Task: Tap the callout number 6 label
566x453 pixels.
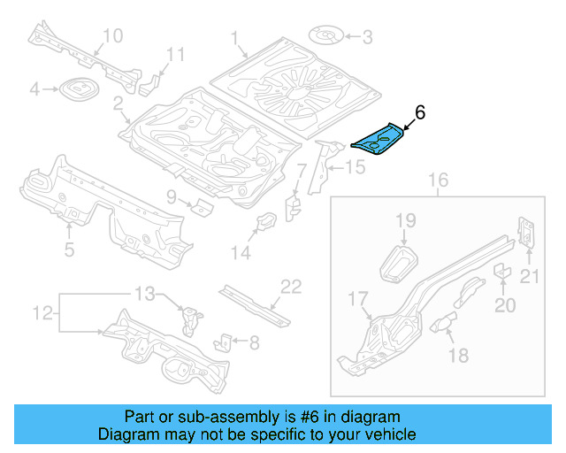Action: click(420, 112)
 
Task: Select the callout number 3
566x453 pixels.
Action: click(367, 36)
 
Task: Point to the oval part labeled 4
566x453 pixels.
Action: click(76, 89)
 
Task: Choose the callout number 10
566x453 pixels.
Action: click(112, 35)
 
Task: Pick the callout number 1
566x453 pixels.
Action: click(235, 38)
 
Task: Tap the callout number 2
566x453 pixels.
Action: click(118, 105)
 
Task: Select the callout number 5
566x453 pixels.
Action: click(69, 250)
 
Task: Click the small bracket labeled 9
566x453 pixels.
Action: click(202, 207)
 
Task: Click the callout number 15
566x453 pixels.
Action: click(354, 166)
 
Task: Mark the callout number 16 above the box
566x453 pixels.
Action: click(439, 182)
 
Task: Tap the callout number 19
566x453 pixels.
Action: click(405, 220)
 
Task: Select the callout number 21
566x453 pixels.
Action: click(529, 278)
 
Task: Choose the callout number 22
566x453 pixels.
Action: click(291, 287)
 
